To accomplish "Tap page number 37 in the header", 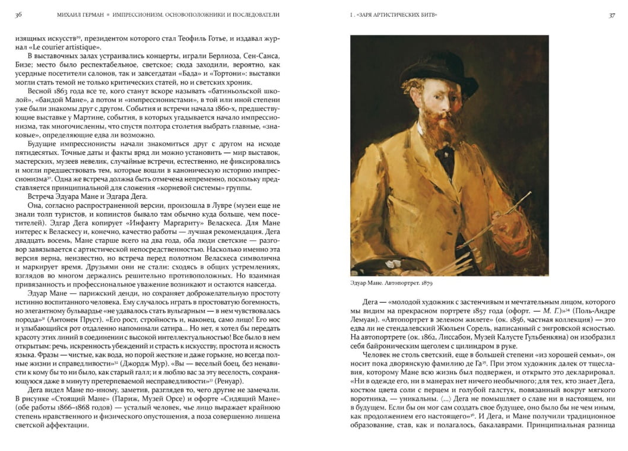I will (611, 15).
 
